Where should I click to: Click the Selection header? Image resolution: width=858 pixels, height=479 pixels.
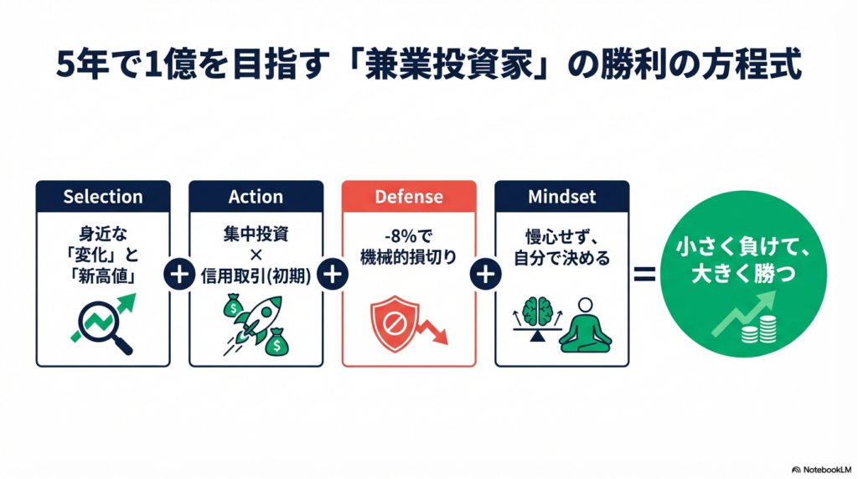tap(103, 196)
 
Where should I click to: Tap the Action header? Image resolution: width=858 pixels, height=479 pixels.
tap(256, 196)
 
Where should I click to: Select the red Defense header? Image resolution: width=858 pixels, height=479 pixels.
tap(409, 196)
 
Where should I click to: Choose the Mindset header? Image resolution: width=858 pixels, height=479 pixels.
tap(562, 196)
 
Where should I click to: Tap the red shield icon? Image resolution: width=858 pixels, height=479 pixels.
tap(394, 323)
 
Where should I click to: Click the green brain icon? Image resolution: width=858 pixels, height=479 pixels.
tap(538, 312)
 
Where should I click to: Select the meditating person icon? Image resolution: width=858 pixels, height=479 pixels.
tap(585, 326)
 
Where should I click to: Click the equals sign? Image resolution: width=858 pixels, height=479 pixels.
tap(644, 274)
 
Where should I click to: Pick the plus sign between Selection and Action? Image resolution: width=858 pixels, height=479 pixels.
tap(179, 274)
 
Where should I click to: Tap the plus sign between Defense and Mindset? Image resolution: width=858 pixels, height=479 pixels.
tap(485, 274)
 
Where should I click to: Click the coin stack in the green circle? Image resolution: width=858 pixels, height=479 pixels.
tap(759, 329)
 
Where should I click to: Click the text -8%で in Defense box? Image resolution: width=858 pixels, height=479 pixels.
tap(409, 236)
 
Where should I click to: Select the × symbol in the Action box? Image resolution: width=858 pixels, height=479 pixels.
tap(256, 255)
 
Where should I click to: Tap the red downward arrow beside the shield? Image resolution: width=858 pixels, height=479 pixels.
tap(432, 331)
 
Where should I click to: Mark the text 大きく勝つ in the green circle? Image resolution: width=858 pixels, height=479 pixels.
tap(743, 273)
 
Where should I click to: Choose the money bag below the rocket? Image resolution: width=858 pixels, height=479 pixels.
tap(276, 343)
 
